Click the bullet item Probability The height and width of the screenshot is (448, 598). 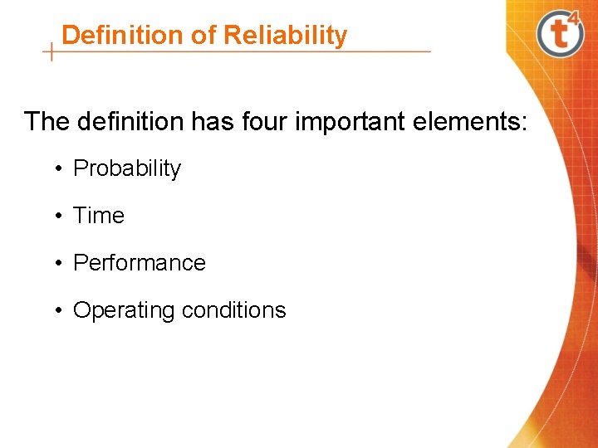[x=127, y=168]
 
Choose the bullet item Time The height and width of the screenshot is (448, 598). [x=99, y=216]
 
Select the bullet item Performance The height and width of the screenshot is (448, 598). [x=140, y=263]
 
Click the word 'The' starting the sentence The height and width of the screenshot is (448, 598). [x=47, y=122]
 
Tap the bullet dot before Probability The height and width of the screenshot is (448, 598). [x=61, y=169]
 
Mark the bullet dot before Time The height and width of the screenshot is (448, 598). [x=61, y=217]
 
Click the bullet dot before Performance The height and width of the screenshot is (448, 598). [x=61, y=264]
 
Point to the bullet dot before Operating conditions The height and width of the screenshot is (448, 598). [x=61, y=311]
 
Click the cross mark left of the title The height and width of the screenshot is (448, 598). [x=52, y=52]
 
